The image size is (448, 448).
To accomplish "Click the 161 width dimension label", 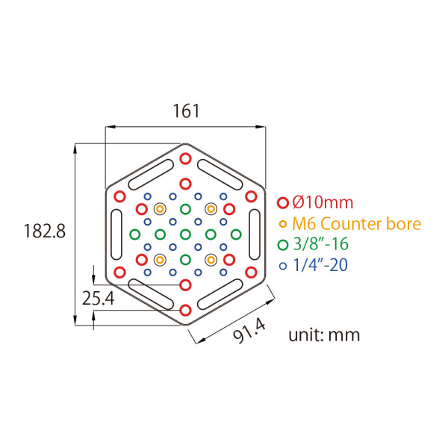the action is point(186,111).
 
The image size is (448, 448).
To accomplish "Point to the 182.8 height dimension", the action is point(45,231).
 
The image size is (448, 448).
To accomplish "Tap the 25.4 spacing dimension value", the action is point(99,298).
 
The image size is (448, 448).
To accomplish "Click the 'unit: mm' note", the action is point(324,335).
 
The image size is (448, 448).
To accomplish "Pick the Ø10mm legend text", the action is point(323,202).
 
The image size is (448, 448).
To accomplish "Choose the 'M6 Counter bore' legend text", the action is point(357,224).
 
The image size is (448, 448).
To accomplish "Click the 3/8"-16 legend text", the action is point(321,244).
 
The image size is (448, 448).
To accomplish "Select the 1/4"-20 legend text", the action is point(320,265).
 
